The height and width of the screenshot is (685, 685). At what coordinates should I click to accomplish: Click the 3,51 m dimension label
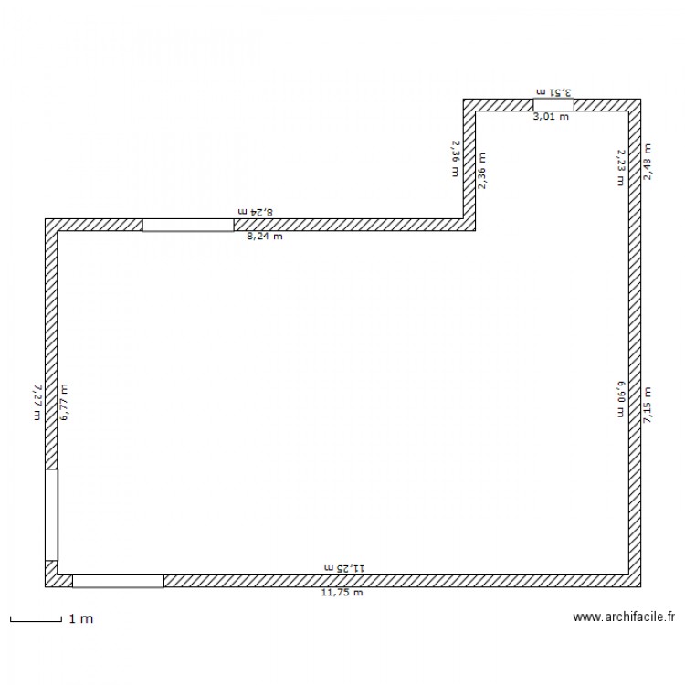coord(553,92)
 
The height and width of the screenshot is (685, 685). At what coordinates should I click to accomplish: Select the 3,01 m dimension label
coord(551,117)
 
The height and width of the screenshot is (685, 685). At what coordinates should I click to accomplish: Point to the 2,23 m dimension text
coord(619,167)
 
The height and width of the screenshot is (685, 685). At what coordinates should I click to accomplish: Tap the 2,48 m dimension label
coord(648,161)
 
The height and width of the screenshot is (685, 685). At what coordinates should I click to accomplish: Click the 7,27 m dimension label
coord(37,402)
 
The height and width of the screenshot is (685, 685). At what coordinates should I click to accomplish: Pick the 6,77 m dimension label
coord(64,402)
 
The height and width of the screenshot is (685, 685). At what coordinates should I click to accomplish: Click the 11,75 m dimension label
coord(342,593)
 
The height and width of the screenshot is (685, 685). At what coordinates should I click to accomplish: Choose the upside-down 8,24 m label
coord(257,211)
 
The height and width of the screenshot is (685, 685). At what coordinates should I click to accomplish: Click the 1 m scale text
coord(81,619)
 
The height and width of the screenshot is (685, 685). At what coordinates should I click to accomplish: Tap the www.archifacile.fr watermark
coord(625,617)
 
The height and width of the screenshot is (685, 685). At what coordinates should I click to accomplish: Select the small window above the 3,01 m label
coord(553,105)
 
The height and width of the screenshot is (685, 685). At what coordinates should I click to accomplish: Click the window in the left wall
coord(52,514)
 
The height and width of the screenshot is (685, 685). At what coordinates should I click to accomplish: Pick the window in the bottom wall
coord(118,581)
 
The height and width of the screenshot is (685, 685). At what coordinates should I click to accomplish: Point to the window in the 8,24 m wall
coord(188,225)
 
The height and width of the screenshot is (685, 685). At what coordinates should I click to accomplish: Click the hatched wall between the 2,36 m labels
coord(469,164)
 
